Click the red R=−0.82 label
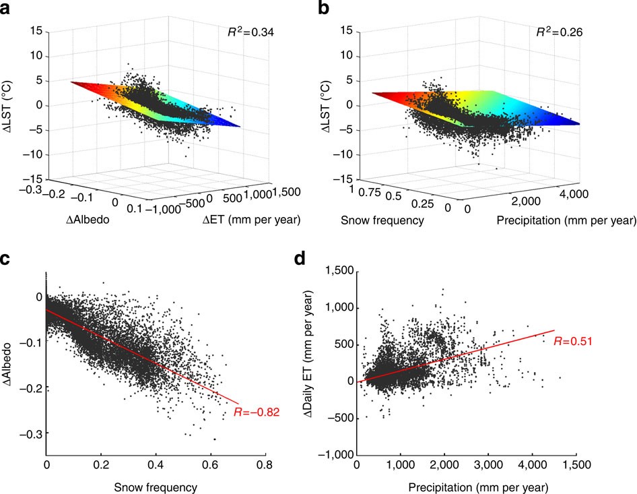coord(253,411)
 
